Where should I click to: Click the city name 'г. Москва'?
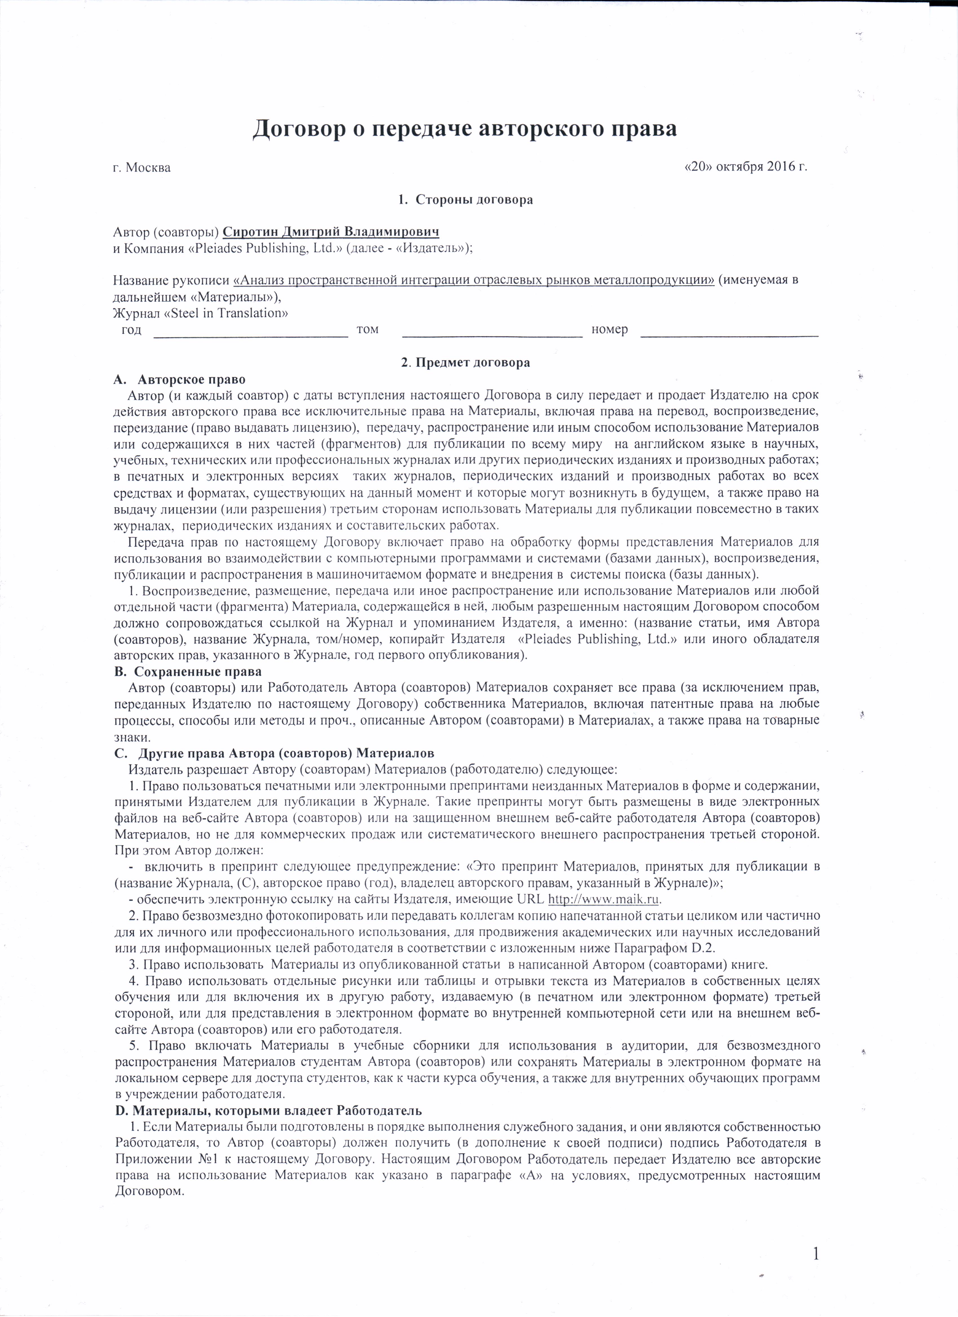pos(142,168)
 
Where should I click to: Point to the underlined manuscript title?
pos(473,280)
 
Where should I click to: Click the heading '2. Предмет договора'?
pos(465,363)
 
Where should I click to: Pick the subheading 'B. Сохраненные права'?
pos(188,671)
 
